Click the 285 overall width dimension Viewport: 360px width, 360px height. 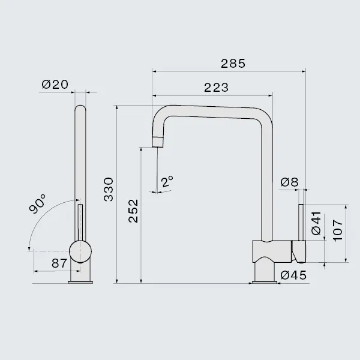pyautogui.click(x=233, y=64)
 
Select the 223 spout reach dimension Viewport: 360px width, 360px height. pyautogui.click(x=216, y=88)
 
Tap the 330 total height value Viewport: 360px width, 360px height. pyautogui.click(x=109, y=190)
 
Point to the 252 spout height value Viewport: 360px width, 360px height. pyautogui.click(x=133, y=211)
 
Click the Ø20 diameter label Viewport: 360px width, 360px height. pyautogui.click(x=55, y=84)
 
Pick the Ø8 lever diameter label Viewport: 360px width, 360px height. pyautogui.click(x=290, y=182)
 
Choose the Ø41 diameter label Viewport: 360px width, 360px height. pyautogui.click(x=316, y=223)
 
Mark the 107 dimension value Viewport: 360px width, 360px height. pyautogui.click(x=337, y=230)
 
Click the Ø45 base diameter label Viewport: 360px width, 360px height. pyautogui.click(x=293, y=275)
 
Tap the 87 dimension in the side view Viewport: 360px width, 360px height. pyautogui.click(x=59, y=263)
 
